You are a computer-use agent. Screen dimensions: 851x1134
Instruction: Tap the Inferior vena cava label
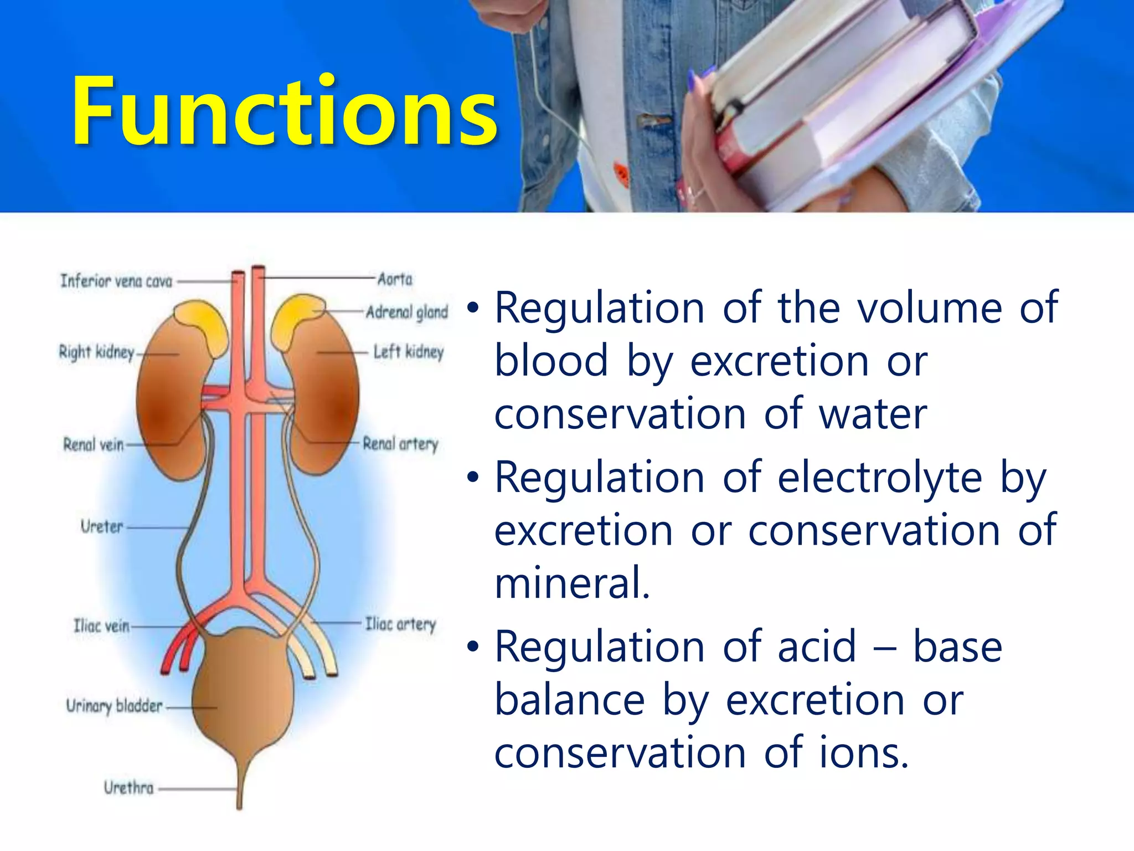coord(116,281)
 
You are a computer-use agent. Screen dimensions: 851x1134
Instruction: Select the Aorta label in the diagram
coord(395,279)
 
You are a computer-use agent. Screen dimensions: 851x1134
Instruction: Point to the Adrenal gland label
coord(407,312)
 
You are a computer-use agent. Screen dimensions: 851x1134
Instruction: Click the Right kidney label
coord(97,352)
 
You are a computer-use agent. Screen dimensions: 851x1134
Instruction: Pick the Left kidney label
coord(409,352)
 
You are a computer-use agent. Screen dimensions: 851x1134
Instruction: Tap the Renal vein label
coord(93,444)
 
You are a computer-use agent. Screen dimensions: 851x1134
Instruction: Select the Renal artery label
coord(400,444)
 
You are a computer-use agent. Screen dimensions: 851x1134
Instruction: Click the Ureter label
coord(102,526)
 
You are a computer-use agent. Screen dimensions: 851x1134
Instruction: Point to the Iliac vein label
coord(101,626)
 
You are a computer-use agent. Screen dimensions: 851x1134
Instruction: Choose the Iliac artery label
coord(400,624)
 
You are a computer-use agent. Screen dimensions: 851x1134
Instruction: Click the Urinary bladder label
coord(115,706)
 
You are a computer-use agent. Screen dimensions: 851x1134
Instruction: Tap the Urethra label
coord(128,787)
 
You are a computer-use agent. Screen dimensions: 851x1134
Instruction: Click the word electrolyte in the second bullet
coord(879,478)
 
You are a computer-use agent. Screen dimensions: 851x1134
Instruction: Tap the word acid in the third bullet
coord(817,647)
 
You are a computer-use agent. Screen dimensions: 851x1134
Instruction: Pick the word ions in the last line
coord(864,753)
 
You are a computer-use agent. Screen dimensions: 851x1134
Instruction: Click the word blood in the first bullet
coord(551,361)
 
